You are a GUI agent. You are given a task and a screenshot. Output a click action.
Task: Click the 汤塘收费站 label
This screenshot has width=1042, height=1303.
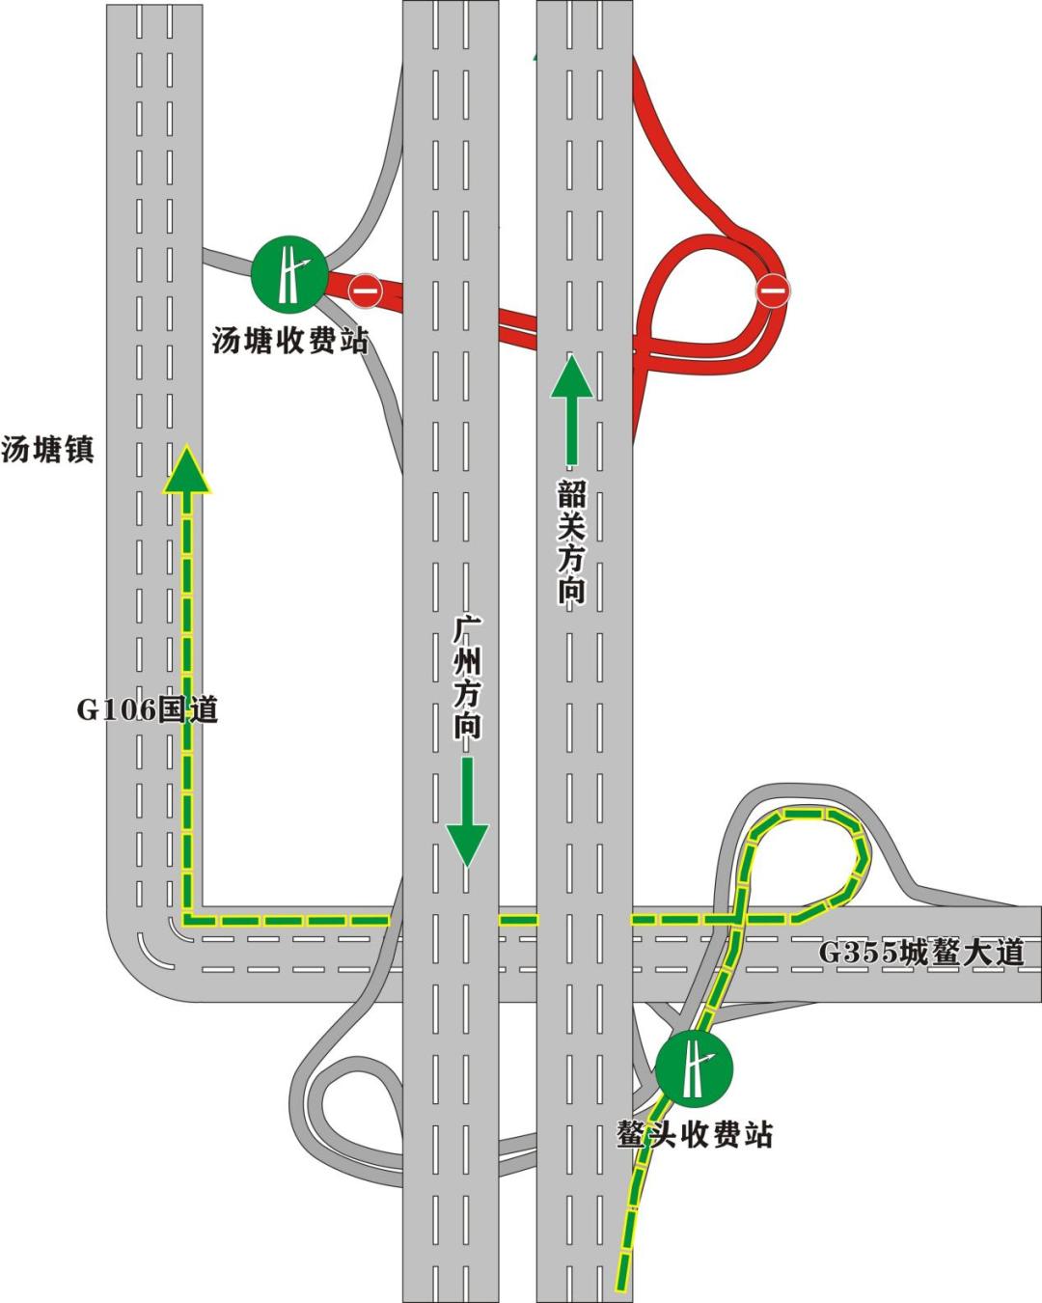coord(290,341)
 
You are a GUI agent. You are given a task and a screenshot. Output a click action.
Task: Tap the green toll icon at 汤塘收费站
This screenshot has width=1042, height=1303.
coord(289,273)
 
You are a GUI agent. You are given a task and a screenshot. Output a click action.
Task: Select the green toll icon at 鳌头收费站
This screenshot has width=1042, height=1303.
coord(694,1067)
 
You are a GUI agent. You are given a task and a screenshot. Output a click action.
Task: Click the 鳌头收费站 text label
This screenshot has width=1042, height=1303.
coord(695,1134)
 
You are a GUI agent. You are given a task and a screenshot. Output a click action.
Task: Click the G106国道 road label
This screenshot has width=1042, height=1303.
coord(148,710)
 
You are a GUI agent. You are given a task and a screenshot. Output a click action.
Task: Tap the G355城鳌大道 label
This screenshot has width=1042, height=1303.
coord(921,953)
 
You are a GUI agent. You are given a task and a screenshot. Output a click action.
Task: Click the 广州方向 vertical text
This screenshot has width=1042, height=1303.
coord(468,679)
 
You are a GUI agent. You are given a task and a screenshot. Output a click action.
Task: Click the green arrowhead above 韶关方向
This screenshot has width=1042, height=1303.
coord(572,376)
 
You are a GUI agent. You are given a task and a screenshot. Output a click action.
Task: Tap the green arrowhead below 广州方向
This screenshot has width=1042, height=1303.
coord(468,845)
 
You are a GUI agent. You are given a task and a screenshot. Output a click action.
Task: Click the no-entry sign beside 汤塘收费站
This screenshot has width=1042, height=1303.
coord(365,290)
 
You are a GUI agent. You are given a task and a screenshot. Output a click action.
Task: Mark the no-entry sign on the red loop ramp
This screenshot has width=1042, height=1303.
coord(773,290)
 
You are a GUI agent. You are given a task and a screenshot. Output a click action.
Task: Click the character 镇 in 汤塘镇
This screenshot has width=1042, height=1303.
coord(79,450)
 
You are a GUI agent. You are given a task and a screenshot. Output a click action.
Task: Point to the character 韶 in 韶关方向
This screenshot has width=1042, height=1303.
coord(571,496)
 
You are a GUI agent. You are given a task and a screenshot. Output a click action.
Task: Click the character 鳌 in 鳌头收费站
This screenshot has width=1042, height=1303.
coord(632,1134)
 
